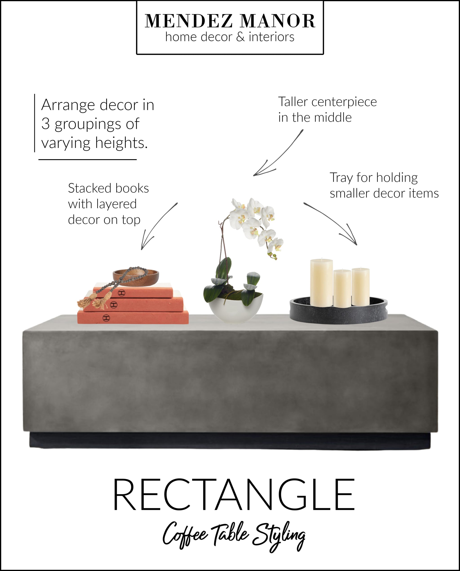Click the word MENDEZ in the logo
click(x=188, y=21)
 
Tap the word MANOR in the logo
click(x=278, y=21)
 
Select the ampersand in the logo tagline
click(x=240, y=37)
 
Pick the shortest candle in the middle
click(x=342, y=288)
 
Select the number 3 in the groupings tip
click(x=46, y=124)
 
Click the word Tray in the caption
click(x=341, y=177)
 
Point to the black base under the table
click(x=230, y=440)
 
